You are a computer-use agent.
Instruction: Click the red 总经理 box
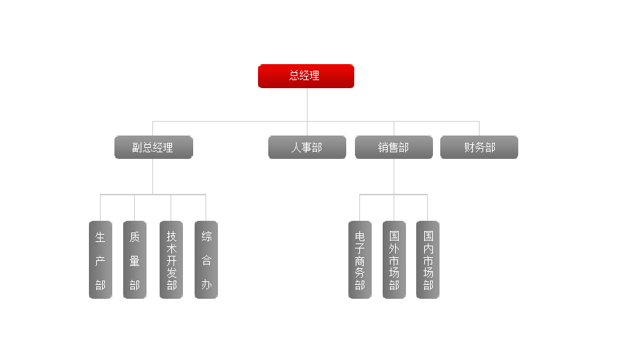306,76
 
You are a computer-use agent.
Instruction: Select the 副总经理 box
153,147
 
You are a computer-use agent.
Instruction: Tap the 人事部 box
306,147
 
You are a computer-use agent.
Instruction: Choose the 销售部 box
394,147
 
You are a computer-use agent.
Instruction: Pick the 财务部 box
479,147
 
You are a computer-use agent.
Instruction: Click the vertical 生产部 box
101,260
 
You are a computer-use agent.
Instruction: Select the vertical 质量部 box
135,260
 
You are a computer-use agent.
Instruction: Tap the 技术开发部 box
171,260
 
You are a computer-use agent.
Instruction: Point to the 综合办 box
206,260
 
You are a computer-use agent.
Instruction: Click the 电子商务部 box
360,260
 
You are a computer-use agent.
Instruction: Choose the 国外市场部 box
394,260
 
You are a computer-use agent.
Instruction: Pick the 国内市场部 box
428,260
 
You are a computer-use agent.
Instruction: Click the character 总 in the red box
294,75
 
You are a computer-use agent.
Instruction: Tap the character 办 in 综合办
207,285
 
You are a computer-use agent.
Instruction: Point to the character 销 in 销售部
383,147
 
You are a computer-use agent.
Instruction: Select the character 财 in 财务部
469,147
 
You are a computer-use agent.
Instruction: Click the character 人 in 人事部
297,147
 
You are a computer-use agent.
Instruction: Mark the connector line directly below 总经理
307,104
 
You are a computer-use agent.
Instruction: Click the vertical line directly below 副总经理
153,176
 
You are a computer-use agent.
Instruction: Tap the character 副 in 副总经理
137,147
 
